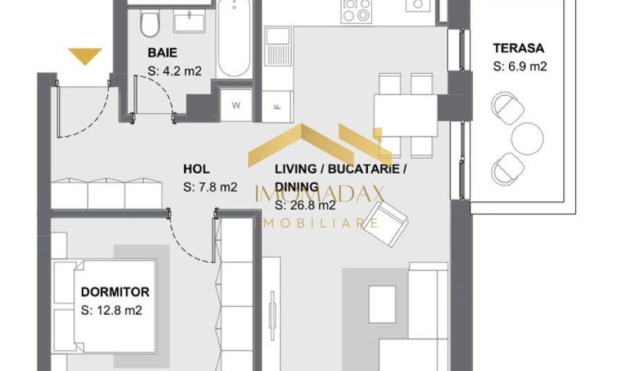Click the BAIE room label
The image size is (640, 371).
click(x=162, y=53)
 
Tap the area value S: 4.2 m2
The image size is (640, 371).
click(x=175, y=71)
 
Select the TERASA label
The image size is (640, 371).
click(x=518, y=48)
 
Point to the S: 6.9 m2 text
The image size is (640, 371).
click(x=519, y=66)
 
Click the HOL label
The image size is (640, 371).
click(x=197, y=169)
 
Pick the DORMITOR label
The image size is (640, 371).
click(x=115, y=292)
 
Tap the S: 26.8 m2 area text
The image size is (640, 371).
click(x=305, y=205)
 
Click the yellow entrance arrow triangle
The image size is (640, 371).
click(x=85, y=56)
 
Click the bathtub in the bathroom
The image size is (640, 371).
click(x=234, y=38)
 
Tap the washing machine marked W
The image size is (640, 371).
click(x=236, y=105)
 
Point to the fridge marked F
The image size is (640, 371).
click(x=277, y=107)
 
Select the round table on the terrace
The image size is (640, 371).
click(x=527, y=139)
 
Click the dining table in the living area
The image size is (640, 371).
click(x=406, y=115)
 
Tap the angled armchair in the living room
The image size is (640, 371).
click(x=385, y=224)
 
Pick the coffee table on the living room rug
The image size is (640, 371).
click(x=383, y=304)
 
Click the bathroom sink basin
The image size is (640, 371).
click(x=190, y=22)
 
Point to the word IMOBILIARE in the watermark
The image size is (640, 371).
click(x=316, y=222)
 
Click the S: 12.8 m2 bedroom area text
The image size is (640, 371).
click(x=111, y=310)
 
